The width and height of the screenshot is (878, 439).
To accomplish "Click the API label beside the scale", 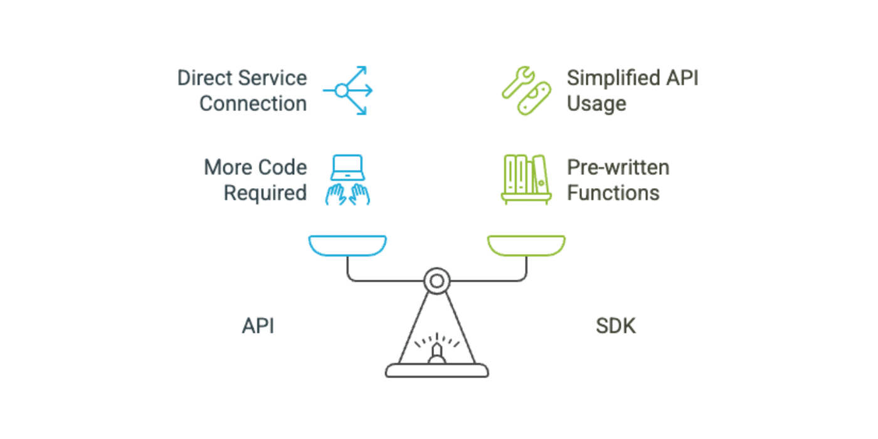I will [x=258, y=327].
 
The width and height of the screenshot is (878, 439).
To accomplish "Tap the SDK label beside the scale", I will [x=615, y=327].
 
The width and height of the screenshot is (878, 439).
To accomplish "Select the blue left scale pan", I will [x=347, y=245].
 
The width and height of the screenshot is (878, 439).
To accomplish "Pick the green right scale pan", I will [x=527, y=245].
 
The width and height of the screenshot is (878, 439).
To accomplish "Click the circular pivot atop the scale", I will [x=436, y=280].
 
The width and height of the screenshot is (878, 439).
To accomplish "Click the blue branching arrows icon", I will [x=349, y=91].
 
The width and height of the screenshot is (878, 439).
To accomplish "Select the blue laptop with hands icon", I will [x=347, y=180].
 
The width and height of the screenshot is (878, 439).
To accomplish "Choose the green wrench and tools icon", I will [x=526, y=91].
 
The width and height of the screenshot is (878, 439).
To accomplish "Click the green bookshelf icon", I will [x=526, y=179].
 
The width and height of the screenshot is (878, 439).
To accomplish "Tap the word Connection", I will [x=253, y=103].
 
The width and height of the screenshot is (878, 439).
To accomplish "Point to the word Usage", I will [x=596, y=103].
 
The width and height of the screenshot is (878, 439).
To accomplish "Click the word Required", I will [x=265, y=193].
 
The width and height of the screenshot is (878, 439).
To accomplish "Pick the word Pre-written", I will [x=618, y=167].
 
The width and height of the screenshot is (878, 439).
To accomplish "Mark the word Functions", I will [x=613, y=193].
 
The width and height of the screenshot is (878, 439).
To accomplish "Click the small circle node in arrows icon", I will [x=341, y=91].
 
